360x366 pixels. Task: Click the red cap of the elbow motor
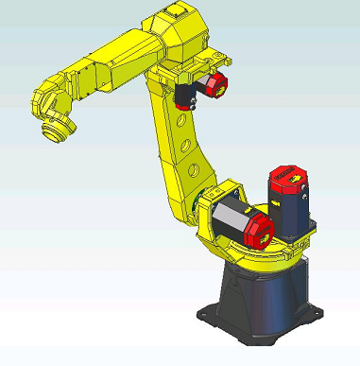coord(216,84)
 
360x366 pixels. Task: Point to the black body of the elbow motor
coord(188,94)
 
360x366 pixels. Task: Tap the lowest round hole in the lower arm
coord(193,170)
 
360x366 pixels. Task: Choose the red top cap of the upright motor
coord(287,176)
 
